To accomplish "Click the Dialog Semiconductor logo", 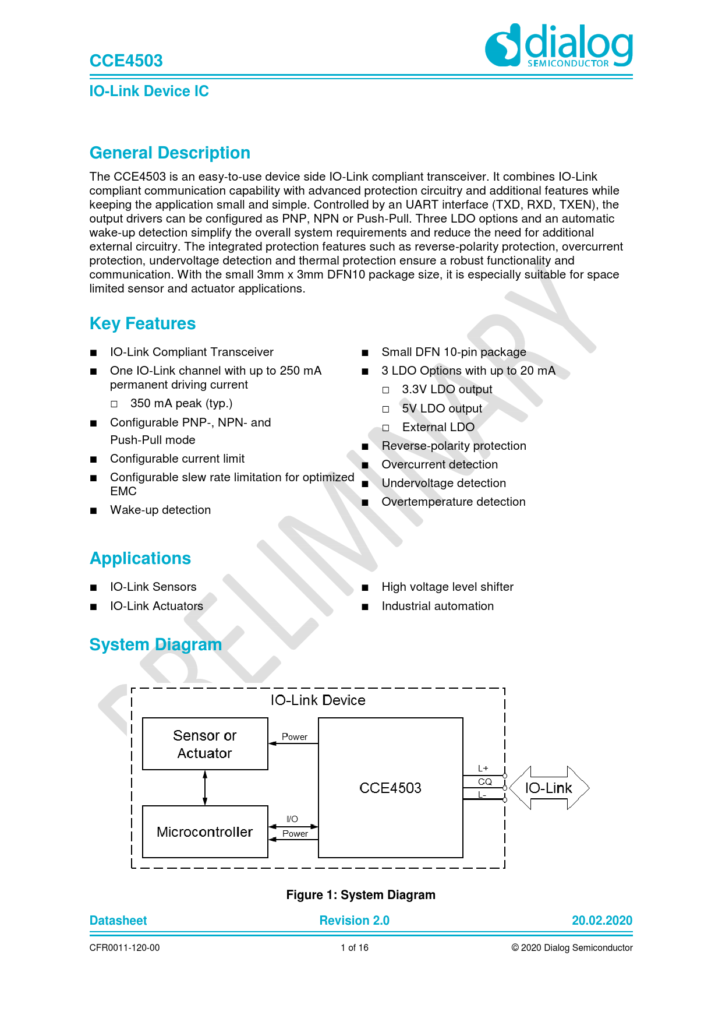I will [x=559, y=45].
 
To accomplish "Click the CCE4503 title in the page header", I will [x=126, y=61].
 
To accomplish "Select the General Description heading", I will [x=170, y=153].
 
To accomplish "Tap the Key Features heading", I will [x=143, y=323].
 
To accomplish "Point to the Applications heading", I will [x=140, y=558].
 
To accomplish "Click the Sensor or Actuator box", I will [x=205, y=744].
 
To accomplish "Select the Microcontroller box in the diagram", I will [x=205, y=831].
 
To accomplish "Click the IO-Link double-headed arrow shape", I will [x=549, y=788].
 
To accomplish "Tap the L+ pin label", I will [x=483, y=769].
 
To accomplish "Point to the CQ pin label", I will [x=484, y=782].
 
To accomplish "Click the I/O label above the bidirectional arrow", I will [x=292, y=819].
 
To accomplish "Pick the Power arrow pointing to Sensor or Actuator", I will [x=293, y=743].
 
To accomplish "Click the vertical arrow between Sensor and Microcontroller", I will [x=205, y=788].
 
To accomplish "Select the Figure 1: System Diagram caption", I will [x=360, y=895].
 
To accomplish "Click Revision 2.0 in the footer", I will [x=354, y=921].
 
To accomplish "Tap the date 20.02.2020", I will [x=601, y=921].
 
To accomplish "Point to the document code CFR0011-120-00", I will [x=125, y=948].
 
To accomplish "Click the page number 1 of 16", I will [x=355, y=948].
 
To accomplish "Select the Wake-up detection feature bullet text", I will [x=160, y=510].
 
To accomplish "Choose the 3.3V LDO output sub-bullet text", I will [x=447, y=389].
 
